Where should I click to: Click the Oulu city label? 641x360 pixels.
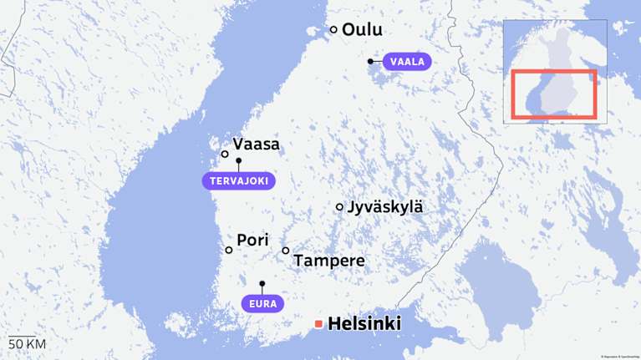(362, 30)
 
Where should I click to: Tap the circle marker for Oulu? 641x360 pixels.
(333, 29)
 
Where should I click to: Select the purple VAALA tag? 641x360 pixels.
(407, 61)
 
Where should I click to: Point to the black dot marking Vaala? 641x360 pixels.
(370, 61)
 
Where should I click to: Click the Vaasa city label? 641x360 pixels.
(257, 145)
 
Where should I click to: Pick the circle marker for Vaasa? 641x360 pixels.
(225, 154)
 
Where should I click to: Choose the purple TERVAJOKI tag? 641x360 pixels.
(238, 180)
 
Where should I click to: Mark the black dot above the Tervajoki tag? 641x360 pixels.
(238, 160)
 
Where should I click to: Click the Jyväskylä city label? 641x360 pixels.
(385, 207)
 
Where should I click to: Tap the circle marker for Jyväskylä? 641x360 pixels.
(339, 206)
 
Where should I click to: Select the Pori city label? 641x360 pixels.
(252, 241)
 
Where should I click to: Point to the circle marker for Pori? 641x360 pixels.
(229, 250)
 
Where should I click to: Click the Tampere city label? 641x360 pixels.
(329, 261)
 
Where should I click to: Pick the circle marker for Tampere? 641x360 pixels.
(286, 251)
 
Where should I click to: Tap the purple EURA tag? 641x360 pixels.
(262, 303)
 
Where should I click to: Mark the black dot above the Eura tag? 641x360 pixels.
(262, 284)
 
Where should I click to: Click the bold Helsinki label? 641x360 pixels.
(365, 324)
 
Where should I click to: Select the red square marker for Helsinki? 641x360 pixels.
(318, 324)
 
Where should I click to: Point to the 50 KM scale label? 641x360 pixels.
(27, 344)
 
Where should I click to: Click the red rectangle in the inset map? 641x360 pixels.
(553, 94)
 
